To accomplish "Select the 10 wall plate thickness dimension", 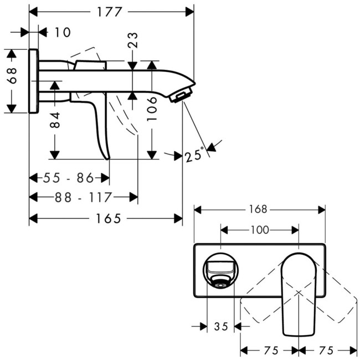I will (63, 33).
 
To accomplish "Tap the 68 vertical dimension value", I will (12, 76).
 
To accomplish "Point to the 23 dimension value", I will (133, 40).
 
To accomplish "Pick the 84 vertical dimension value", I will (55, 120).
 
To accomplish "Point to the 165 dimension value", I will (107, 219).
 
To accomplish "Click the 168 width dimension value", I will (258, 209).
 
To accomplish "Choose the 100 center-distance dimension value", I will (260, 229).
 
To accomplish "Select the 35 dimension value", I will (221, 327).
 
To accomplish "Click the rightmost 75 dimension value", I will (327, 350).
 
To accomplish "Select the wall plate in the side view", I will (33, 81).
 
